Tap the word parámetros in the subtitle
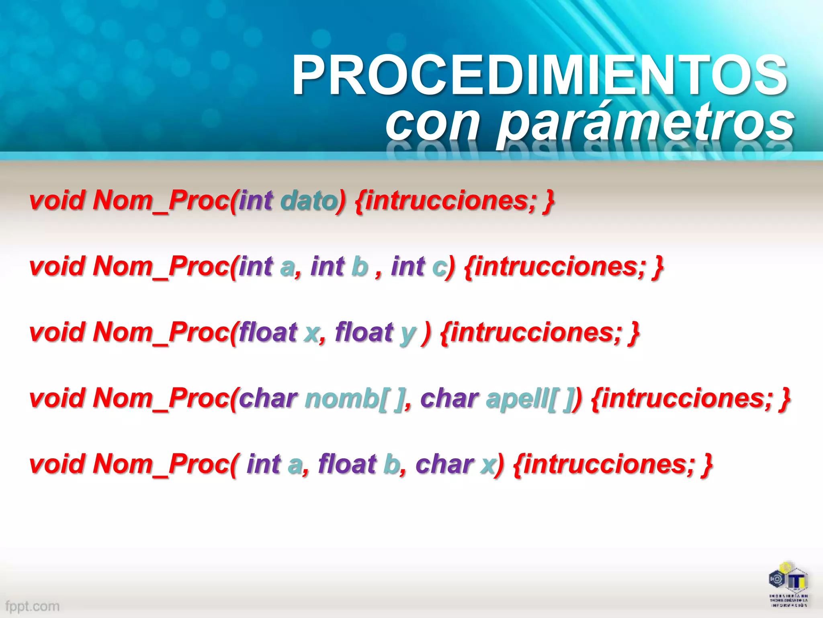click(645, 122)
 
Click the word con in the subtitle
click(432, 122)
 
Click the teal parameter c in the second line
click(439, 266)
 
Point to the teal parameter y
click(407, 333)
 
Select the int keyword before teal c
click(408, 266)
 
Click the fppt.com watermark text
click(33, 606)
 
